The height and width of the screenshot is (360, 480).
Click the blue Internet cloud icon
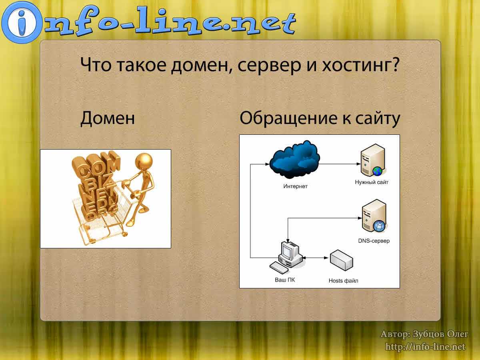click(294, 159)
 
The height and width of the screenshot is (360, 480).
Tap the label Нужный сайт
click(372, 182)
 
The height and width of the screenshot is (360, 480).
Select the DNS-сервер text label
click(374, 241)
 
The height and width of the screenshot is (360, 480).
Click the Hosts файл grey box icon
click(341, 260)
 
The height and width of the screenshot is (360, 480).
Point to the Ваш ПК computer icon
click(286, 257)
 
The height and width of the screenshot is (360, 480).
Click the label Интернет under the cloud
click(295, 186)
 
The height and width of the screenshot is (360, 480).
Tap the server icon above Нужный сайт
click(373, 160)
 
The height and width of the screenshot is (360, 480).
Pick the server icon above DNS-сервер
click(374, 216)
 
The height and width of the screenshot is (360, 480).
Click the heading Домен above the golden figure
click(107, 118)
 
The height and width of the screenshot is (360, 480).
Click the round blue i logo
click(22, 22)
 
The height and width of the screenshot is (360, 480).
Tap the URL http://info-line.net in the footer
click(425, 347)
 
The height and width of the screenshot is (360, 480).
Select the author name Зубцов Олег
click(440, 334)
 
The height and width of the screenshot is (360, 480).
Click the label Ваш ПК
click(285, 280)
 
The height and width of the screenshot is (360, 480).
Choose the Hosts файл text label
click(343, 281)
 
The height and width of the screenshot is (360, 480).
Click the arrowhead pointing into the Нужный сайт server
click(359, 164)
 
